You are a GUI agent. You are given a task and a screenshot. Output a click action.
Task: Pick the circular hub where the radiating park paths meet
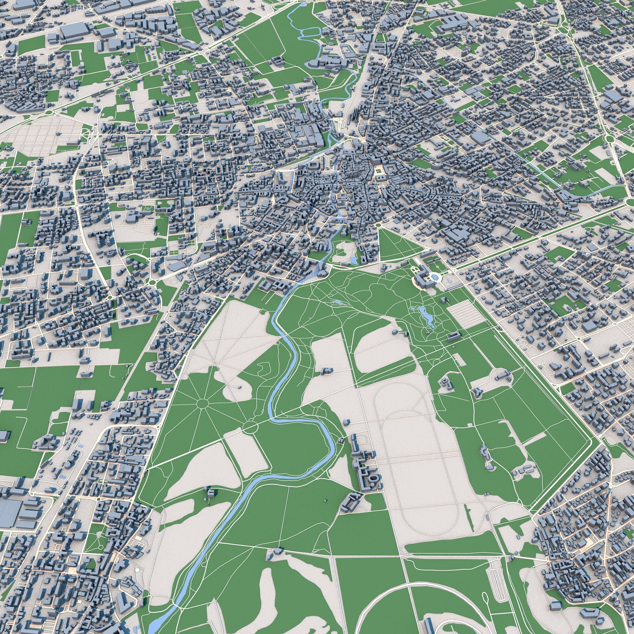tap(203, 403)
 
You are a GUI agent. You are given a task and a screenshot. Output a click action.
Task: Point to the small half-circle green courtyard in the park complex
tap(363, 464)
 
